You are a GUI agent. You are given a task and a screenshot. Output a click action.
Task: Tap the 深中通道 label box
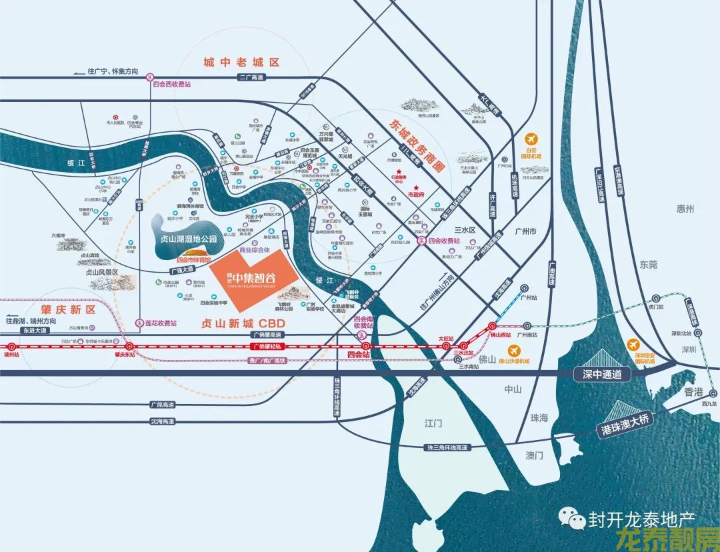click(x=602, y=374)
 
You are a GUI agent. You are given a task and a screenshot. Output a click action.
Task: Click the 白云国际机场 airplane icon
click(x=531, y=139)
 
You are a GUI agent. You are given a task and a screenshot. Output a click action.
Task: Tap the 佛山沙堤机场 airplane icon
click(x=513, y=351)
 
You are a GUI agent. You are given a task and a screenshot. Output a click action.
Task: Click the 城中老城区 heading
click(x=241, y=62)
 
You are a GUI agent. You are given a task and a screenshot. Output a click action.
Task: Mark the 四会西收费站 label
click(x=171, y=85)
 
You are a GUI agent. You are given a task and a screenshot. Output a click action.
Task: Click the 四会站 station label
click(x=359, y=355)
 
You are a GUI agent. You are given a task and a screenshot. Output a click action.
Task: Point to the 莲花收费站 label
click(x=161, y=323)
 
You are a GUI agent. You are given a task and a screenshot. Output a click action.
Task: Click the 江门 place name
click(x=433, y=423)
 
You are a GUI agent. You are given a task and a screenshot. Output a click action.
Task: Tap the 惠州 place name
click(x=685, y=209)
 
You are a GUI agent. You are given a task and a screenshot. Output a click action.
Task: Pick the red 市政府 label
click(x=416, y=195)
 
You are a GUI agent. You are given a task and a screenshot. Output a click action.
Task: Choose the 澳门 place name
click(x=534, y=456)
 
